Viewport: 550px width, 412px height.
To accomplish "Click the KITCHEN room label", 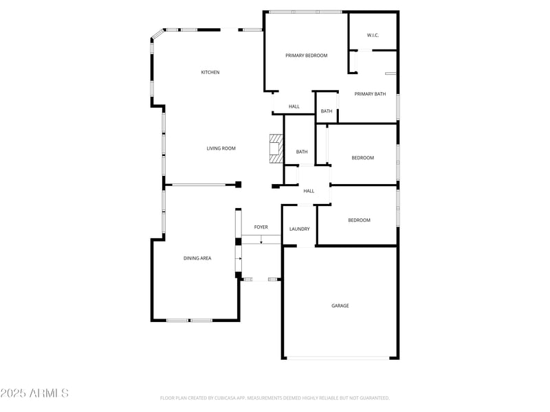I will pos(210,72).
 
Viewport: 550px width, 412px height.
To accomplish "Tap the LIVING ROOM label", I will pos(221,148).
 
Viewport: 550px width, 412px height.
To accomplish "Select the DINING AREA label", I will pos(197,258).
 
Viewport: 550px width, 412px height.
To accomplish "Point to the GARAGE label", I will pos(340,306).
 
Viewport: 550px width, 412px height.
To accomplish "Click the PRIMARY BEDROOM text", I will pos(307,56).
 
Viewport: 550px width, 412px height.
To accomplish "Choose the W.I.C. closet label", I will pos(373,35).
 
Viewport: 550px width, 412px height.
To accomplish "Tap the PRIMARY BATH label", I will pos(371,94).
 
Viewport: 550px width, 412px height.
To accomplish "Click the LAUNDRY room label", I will pos(299,229).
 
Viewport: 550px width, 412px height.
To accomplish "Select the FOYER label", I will pos(261,227).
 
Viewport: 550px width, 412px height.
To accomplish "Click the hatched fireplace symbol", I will pos(276,148).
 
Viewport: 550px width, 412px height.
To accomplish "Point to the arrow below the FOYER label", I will pos(261,240).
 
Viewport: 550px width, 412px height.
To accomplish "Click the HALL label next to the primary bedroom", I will pos(294,106).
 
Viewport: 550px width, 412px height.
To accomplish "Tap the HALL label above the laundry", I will pos(309,191).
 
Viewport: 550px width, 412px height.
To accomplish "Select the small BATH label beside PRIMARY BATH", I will pos(327,111).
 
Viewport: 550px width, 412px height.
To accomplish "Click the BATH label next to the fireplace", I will pos(302,152).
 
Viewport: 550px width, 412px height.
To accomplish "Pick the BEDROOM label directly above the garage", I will pos(359,220).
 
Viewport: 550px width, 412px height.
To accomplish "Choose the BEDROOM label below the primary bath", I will pos(363,158).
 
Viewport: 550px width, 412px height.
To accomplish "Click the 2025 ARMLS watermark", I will pos(34,393).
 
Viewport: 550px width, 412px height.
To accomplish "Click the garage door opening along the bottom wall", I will pos(339,357).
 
